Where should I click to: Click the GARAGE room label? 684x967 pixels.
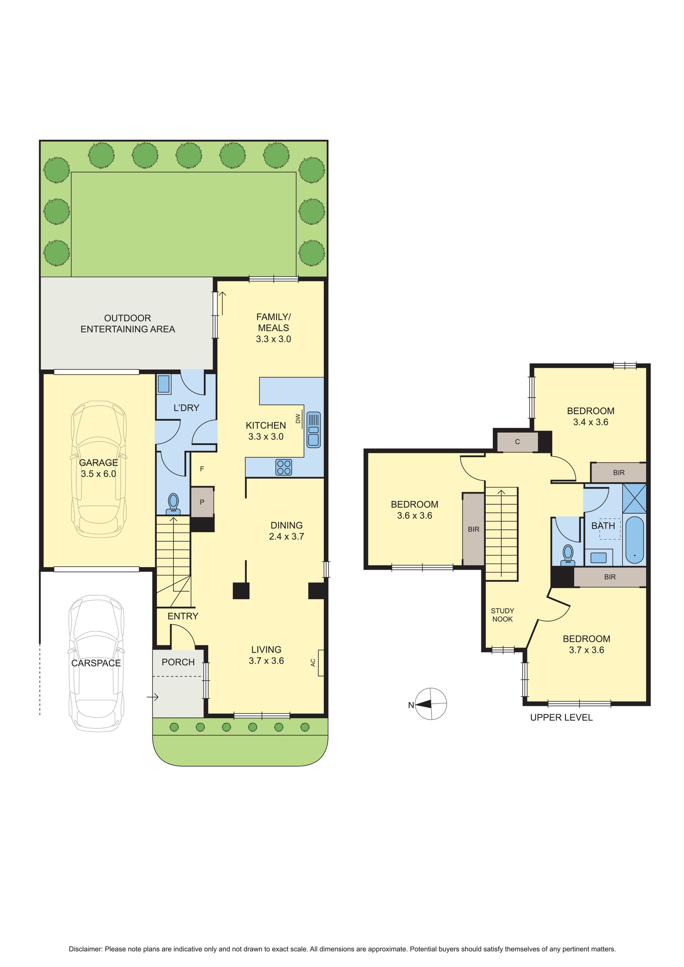[99, 462]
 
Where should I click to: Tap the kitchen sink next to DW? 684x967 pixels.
[313, 430]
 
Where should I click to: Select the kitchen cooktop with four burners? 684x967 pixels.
[284, 467]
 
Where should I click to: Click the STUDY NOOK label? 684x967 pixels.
[502, 615]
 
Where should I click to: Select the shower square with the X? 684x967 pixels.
[634, 498]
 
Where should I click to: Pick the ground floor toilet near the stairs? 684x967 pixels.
[173, 504]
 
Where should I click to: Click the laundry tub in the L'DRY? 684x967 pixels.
[164, 384]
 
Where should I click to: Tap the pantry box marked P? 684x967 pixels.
[202, 502]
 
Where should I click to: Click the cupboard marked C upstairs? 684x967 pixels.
[518, 442]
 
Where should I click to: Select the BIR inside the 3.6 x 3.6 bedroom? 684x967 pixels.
[473, 529]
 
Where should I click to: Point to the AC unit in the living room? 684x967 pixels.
[321, 663]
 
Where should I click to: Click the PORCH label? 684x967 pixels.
[178, 662]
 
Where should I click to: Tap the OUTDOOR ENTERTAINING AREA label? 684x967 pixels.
[128, 323]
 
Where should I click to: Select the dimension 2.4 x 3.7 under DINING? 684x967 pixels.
[286, 536]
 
